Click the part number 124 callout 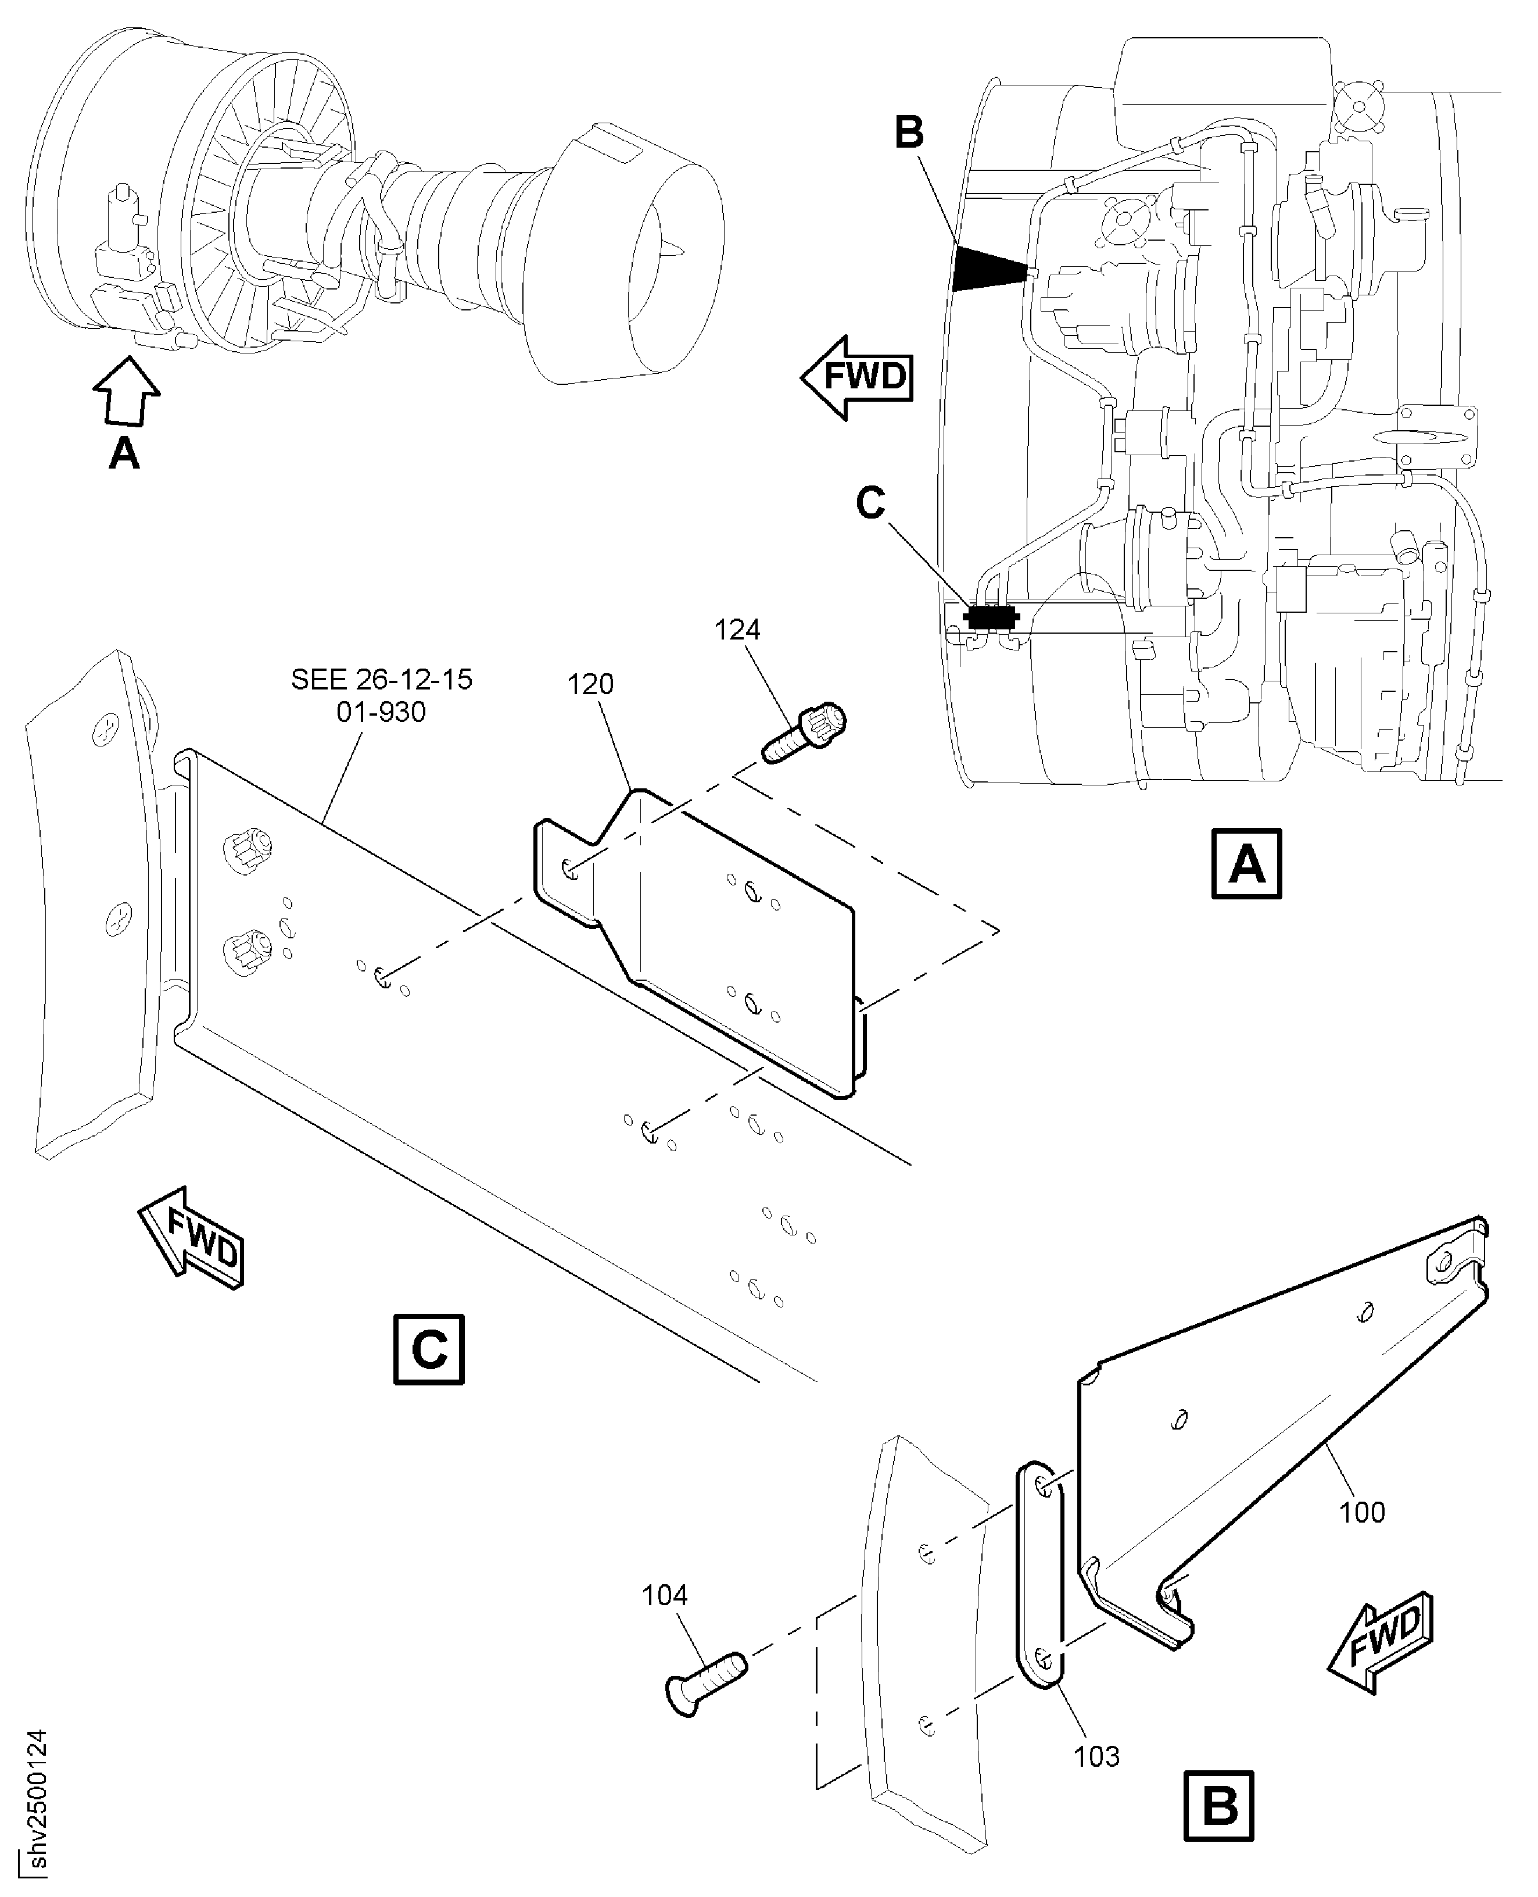pos(737,630)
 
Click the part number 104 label pos(665,1596)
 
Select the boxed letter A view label pos(1246,863)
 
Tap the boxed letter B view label pos(1219,1804)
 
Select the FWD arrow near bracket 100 pos(1381,1640)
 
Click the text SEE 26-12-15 pos(382,680)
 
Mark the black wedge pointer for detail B pos(990,269)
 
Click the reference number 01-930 pos(381,712)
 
